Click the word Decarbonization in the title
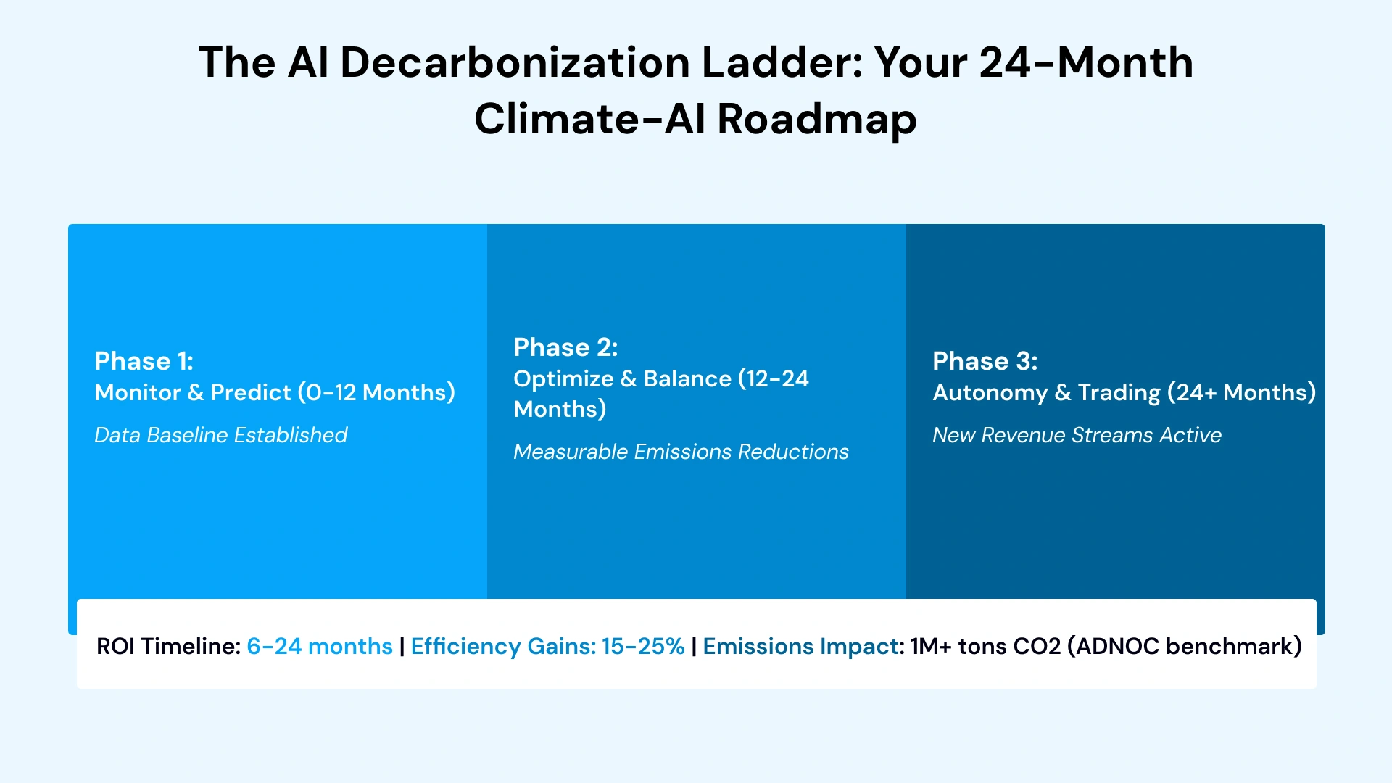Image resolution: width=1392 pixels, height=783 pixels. pyautogui.click(x=514, y=62)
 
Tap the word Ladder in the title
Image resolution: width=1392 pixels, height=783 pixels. pyautogui.click(x=782, y=62)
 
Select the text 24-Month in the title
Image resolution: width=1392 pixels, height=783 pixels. pyautogui.click(x=1085, y=62)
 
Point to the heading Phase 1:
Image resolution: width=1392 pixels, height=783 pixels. pyautogui.click(x=144, y=361)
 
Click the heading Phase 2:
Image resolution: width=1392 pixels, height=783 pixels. pyautogui.click(x=565, y=347)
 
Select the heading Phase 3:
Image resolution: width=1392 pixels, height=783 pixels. pyautogui.click(x=985, y=361)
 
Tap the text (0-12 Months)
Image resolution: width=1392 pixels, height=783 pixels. pyautogui.click(x=376, y=392)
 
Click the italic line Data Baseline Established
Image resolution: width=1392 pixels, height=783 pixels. pyautogui.click(x=220, y=435)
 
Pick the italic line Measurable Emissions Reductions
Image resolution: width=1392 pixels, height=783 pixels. pyautogui.click(x=680, y=452)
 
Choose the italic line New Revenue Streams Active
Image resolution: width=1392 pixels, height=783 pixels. pyautogui.click(x=1076, y=435)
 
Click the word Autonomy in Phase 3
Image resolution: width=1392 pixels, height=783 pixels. pyautogui.click(x=989, y=392)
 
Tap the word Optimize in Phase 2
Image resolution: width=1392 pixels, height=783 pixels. pyautogui.click(x=563, y=378)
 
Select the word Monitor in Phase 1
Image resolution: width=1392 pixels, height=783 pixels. pyautogui.click(x=137, y=392)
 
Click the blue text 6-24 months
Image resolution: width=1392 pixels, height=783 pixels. pyautogui.click(x=319, y=646)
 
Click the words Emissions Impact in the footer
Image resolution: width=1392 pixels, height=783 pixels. pyautogui.click(x=800, y=646)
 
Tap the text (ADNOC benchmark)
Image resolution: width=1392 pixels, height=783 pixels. pyautogui.click(x=1184, y=646)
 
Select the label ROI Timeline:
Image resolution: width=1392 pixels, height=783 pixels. pyautogui.click(x=168, y=646)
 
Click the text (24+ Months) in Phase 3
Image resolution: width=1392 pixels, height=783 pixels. pyautogui.click(x=1240, y=392)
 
